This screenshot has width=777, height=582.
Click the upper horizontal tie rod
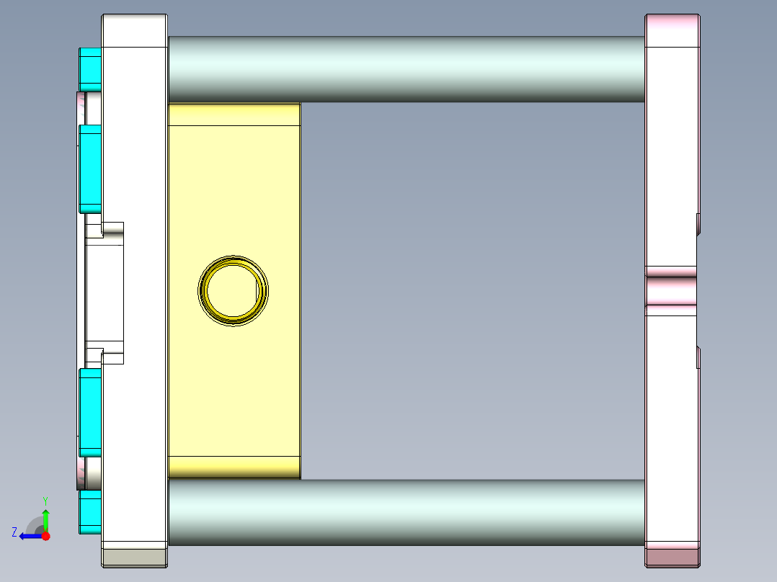point(407,69)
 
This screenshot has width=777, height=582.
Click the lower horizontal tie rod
point(407,513)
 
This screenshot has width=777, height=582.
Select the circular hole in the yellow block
point(233,291)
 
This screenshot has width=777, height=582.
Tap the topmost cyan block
point(90,69)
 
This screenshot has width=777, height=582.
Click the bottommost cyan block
point(90,512)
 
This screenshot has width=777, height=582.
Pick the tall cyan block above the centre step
point(90,169)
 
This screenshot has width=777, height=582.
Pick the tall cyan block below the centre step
point(90,413)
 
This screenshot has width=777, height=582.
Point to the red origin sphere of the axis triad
point(45,536)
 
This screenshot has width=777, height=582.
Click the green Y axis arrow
point(45,519)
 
